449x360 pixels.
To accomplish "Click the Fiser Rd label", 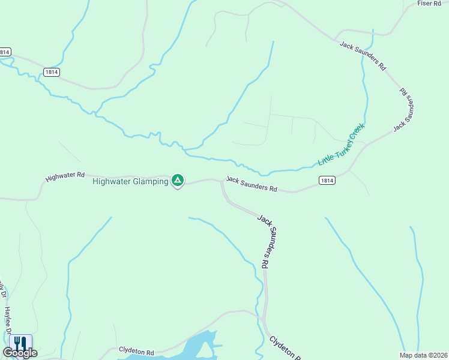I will tap(429, 4).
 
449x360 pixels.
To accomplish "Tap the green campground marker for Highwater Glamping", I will tap(178, 180).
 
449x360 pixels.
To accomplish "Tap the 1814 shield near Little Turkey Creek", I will tap(327, 180).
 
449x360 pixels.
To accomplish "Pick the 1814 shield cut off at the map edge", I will tap(5, 52).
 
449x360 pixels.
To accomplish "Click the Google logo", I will tap(20, 353).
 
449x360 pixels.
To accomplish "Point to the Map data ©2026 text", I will tap(423, 355).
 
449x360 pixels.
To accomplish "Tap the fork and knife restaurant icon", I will tap(20, 343).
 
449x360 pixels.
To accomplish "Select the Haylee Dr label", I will tap(8, 322).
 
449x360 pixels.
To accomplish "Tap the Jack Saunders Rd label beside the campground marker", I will tap(252, 184).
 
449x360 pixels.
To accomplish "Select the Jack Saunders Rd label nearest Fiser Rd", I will tap(363, 56).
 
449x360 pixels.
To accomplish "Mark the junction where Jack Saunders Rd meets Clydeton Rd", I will tap(264, 319).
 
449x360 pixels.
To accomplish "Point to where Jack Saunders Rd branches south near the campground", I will tap(221, 181).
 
